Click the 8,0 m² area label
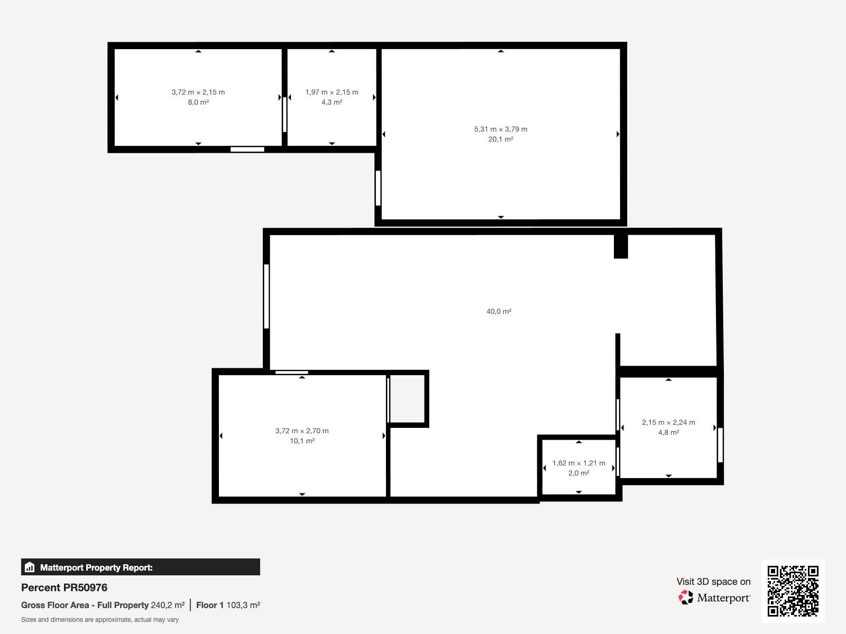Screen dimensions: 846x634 click(x=198, y=102)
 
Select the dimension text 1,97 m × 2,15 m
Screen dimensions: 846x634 click(x=332, y=92)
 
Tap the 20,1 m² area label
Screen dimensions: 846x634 click(x=500, y=139)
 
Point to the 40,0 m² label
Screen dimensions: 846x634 click(x=499, y=311)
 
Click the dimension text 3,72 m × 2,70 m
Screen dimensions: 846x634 click(x=302, y=431)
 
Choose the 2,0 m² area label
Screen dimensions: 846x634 click(x=578, y=473)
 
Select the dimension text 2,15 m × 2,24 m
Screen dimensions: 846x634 click(x=668, y=422)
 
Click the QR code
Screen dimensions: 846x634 click(x=793, y=591)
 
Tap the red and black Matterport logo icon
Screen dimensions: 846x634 click(x=686, y=597)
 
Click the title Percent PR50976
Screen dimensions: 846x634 click(x=64, y=588)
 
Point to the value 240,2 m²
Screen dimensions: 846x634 click(x=168, y=605)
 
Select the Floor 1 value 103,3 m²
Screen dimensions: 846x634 click(x=243, y=605)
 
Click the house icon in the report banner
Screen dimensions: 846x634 click(x=30, y=567)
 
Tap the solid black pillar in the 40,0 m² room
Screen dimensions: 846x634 click(x=621, y=246)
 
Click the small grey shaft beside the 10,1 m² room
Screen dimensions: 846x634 click(x=407, y=399)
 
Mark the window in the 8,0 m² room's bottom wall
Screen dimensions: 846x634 click(x=247, y=149)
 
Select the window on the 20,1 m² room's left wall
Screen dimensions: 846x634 click(x=378, y=188)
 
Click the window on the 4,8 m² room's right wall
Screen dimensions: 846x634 click(x=720, y=445)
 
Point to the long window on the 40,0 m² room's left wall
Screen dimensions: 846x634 click(x=266, y=296)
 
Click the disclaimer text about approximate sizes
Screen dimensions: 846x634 click(x=100, y=620)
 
